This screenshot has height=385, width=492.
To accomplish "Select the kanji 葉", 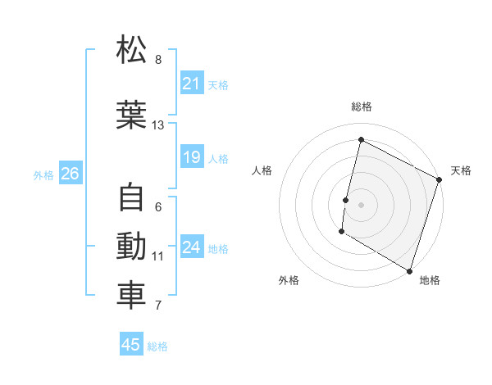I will click(x=132, y=116).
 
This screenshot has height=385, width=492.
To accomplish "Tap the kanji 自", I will click(x=132, y=198).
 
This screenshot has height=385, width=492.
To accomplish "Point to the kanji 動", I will click(x=132, y=247).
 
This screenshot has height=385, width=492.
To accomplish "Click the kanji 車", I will click(x=132, y=296).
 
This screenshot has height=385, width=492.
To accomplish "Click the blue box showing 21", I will click(x=192, y=84).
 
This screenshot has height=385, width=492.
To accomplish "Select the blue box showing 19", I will click(x=192, y=157).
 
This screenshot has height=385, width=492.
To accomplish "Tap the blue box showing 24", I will click(x=192, y=247).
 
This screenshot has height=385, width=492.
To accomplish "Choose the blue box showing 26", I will click(x=70, y=174).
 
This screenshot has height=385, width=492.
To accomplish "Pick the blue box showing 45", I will click(x=131, y=345).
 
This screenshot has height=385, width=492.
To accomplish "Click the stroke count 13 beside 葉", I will click(x=158, y=125).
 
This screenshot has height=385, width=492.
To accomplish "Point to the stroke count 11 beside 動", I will click(x=158, y=256).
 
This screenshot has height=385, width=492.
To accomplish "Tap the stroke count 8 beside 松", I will click(x=158, y=60).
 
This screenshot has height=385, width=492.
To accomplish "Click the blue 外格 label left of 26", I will click(x=43, y=174).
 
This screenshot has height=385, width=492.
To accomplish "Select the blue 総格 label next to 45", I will click(x=157, y=346).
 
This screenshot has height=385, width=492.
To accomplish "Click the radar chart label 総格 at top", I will click(x=361, y=107).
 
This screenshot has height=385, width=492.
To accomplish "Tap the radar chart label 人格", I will click(x=262, y=170).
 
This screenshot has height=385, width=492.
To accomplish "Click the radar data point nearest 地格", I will click(x=409, y=270).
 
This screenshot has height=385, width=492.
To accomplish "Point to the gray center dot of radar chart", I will click(x=361, y=204).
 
